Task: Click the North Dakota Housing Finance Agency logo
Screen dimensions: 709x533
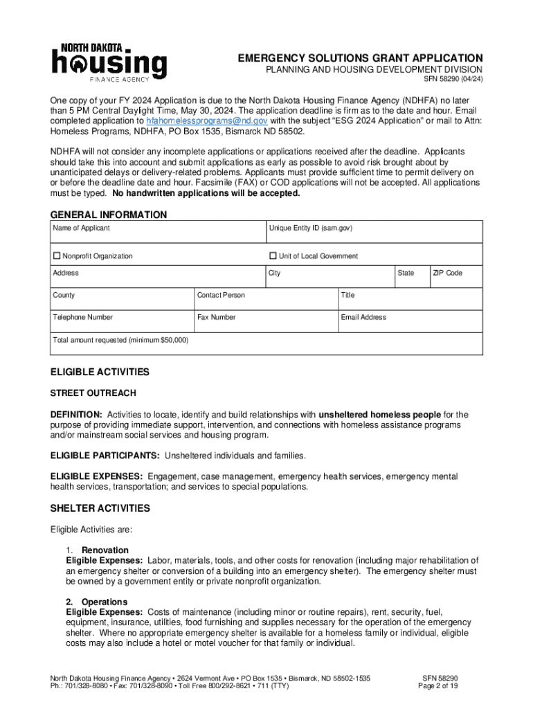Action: tap(109, 63)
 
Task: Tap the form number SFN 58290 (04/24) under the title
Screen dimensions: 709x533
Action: tap(453, 80)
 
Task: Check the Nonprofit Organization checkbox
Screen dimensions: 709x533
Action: tap(57, 256)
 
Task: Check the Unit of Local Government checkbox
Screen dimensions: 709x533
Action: tap(273, 256)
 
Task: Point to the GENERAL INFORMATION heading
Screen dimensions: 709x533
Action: tap(109, 215)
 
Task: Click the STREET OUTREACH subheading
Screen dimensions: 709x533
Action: tap(93, 393)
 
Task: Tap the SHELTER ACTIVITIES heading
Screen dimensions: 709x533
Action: tap(100, 508)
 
